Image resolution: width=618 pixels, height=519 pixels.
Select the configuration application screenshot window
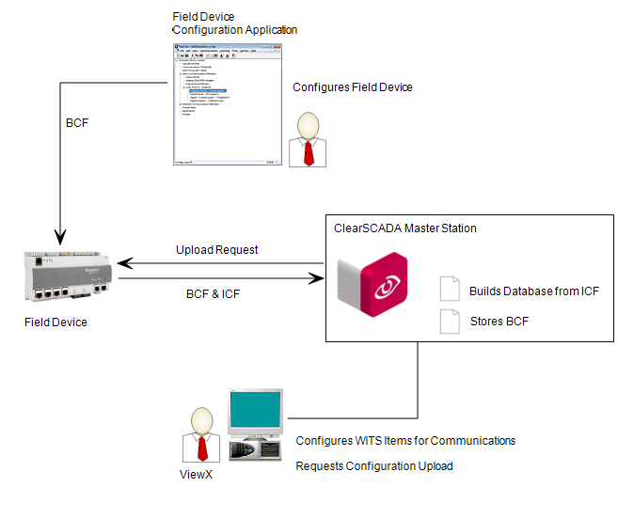tap(228, 104)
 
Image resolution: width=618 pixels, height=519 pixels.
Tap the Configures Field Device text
tap(353, 87)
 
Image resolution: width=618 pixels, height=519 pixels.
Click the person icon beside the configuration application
tap(307, 139)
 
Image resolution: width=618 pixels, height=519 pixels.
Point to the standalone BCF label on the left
tap(78, 123)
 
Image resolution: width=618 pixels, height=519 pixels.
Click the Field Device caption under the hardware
tap(55, 322)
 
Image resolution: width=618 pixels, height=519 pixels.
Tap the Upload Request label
tap(216, 250)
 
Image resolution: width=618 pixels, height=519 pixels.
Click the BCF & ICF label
tap(213, 294)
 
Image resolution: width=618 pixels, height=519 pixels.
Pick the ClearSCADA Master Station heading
tap(405, 228)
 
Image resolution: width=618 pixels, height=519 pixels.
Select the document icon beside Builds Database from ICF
tap(449, 290)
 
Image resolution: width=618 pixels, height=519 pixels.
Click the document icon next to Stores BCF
tap(449, 321)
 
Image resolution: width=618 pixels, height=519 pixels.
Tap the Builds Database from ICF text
tap(533, 291)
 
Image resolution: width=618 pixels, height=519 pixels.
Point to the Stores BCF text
tap(499, 322)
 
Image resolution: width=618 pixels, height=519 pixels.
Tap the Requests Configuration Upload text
tap(374, 466)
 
